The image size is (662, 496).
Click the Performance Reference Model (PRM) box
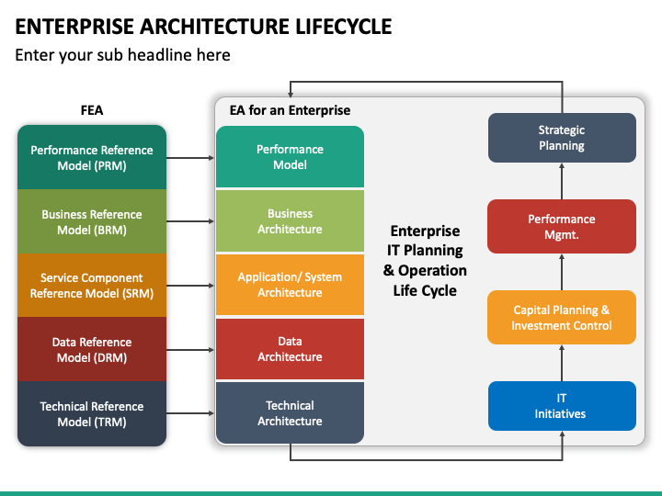pyautogui.click(x=92, y=157)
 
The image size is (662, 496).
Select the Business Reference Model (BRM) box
pyautogui.click(x=92, y=221)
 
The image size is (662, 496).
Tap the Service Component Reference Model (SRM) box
pyautogui.click(x=92, y=285)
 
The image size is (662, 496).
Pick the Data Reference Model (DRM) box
pyautogui.click(x=92, y=349)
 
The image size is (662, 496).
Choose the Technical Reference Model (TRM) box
pyautogui.click(x=92, y=413)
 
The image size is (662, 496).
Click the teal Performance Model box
pyautogui.click(x=290, y=156)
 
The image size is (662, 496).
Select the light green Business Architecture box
pyautogui.click(x=290, y=221)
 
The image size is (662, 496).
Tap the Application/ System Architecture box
pyautogui.click(x=290, y=285)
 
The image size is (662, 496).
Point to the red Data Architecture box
pyautogui.click(x=290, y=349)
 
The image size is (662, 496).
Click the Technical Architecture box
pyautogui.click(x=290, y=413)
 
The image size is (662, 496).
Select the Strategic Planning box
pyautogui.click(x=562, y=138)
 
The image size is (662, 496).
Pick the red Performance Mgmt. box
pyautogui.click(x=562, y=227)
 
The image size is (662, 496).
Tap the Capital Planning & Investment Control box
pyautogui.click(x=562, y=317)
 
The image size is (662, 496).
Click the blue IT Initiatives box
pyautogui.click(x=562, y=406)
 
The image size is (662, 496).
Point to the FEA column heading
pyautogui.click(x=92, y=110)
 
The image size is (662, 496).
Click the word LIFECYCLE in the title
pyautogui.click(x=343, y=26)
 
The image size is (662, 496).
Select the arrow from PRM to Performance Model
pyautogui.click(x=190, y=158)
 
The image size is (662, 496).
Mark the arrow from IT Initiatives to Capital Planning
pyautogui.click(x=562, y=363)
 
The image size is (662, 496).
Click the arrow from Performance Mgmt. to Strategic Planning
pyautogui.click(x=562, y=181)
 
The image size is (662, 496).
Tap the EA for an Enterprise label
pyautogui.click(x=290, y=110)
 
